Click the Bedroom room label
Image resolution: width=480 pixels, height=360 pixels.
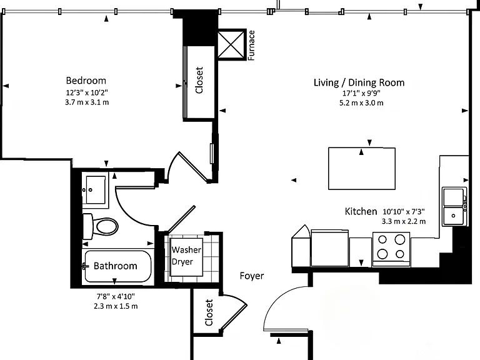86,81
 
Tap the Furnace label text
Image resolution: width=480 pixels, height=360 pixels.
251,45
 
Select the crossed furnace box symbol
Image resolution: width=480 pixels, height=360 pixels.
231,45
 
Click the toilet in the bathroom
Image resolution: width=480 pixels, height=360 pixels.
101,226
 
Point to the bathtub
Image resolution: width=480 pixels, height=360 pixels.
118,266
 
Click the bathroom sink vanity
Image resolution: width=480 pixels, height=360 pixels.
95,190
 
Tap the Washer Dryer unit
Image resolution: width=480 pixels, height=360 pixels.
186,256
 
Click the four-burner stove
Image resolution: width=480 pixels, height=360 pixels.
391,249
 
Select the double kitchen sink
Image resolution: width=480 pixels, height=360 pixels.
454,207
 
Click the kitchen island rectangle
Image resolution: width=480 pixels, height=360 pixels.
362,169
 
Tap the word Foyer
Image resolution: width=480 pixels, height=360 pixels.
252,276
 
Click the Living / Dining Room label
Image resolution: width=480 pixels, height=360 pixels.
359,82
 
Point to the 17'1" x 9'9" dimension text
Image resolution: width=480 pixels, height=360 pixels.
361,93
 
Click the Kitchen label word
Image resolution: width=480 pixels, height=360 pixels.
361,211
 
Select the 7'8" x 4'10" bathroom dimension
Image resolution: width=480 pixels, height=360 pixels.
116,296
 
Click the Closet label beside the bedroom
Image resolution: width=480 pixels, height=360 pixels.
199,80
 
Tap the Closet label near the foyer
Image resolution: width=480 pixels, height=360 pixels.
209,312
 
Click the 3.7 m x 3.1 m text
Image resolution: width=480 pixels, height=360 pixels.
87,102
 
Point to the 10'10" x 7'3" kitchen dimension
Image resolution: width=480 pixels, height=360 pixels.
404,211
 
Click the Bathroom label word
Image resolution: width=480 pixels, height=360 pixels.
116,266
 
